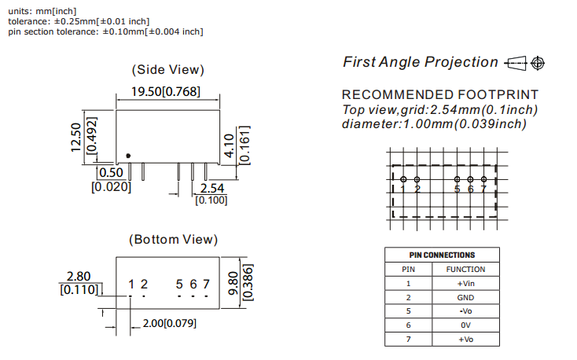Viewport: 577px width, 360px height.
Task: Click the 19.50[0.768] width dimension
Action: (165, 92)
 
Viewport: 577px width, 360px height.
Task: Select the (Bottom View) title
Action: (173, 239)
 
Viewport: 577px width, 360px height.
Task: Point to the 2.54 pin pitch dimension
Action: (211, 189)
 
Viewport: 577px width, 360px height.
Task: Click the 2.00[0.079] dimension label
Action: (169, 323)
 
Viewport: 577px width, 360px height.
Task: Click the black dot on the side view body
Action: (128, 156)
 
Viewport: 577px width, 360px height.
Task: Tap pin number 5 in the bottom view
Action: (179, 284)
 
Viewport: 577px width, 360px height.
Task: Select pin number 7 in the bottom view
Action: (206, 284)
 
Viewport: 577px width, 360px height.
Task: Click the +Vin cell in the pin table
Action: (465, 283)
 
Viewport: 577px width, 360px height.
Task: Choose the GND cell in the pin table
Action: (465, 297)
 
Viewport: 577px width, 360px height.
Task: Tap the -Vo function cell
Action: (465, 311)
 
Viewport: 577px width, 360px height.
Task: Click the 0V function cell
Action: (465, 325)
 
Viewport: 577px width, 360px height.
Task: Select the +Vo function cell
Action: (465, 339)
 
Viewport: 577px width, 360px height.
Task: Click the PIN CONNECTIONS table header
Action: (442, 255)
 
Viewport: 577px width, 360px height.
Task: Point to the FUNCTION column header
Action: (465, 269)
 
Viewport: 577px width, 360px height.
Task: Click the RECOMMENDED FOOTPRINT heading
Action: (440, 95)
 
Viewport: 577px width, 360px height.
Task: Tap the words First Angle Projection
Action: (421, 62)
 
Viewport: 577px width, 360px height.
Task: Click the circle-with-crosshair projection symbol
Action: (538, 62)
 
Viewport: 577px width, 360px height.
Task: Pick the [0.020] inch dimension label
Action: (111, 187)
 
